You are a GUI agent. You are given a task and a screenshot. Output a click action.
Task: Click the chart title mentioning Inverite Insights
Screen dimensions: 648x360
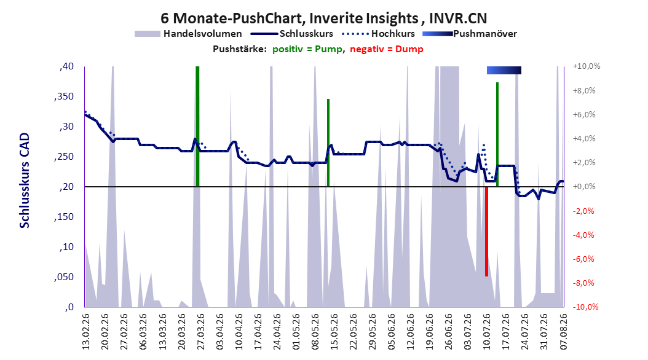323,18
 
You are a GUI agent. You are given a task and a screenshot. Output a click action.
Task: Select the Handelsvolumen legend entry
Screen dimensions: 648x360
189,34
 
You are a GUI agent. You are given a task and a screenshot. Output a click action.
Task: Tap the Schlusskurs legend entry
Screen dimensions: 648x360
292,34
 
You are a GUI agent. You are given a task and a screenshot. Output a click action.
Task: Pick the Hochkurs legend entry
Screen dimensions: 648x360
379,34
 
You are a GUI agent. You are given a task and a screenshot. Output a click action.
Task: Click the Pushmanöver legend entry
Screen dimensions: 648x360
470,34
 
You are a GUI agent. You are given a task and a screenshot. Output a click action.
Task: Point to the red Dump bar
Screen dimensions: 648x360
486,232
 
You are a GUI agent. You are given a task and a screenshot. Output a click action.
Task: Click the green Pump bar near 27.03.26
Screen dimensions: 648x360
197,127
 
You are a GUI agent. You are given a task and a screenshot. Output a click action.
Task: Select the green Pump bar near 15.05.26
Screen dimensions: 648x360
328,143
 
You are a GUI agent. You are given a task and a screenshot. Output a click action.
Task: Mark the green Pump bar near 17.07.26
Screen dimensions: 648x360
497,135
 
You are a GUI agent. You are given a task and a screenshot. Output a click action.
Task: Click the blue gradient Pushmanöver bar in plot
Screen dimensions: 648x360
504,71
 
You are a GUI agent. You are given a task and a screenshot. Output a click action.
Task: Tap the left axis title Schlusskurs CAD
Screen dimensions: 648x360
25,181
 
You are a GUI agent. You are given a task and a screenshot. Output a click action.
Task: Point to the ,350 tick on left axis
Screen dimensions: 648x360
64,96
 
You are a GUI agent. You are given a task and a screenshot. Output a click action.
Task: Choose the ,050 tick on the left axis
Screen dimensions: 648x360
64,277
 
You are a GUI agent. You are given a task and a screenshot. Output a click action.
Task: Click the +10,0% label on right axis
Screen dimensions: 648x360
587,66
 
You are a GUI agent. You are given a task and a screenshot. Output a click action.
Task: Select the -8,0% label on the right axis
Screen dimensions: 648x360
584,283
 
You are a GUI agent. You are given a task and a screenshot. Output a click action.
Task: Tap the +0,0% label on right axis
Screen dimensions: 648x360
584,187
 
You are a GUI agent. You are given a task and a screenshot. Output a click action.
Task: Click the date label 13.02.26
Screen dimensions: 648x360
86,332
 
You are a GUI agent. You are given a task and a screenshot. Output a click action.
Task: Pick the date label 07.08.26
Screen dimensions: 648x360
564,332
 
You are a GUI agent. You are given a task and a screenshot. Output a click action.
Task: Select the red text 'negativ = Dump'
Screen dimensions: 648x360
387,49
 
